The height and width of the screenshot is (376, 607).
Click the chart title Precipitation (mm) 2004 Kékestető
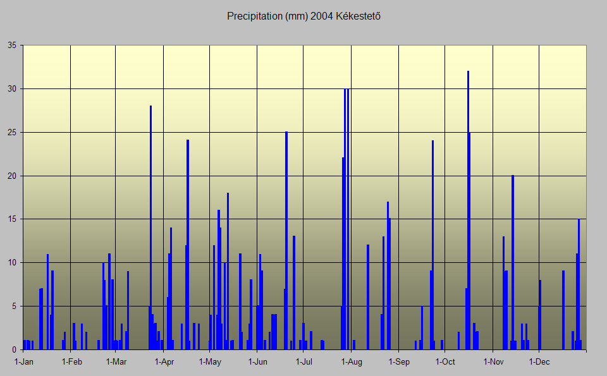[303, 16]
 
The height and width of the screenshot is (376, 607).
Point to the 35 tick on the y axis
[11, 45]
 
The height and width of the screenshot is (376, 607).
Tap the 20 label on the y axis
[11, 176]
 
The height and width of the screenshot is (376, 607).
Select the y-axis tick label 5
[14, 306]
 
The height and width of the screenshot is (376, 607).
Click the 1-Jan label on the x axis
[23, 362]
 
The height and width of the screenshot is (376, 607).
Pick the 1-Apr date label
[164, 362]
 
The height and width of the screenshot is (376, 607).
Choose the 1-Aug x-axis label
[352, 362]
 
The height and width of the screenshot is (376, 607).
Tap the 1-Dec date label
[539, 362]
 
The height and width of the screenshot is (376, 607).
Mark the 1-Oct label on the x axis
[445, 362]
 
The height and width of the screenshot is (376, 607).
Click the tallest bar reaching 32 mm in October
[468, 209]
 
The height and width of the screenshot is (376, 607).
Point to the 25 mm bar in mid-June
[286, 240]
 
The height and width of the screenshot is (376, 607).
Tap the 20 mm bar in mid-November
[513, 262]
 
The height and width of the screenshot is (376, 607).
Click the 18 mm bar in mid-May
[228, 272]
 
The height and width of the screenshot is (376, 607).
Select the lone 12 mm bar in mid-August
[367, 297]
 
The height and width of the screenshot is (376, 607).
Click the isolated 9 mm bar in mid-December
[563, 310]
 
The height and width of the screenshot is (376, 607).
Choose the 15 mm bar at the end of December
[579, 284]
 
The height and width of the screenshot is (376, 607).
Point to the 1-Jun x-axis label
[258, 362]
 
